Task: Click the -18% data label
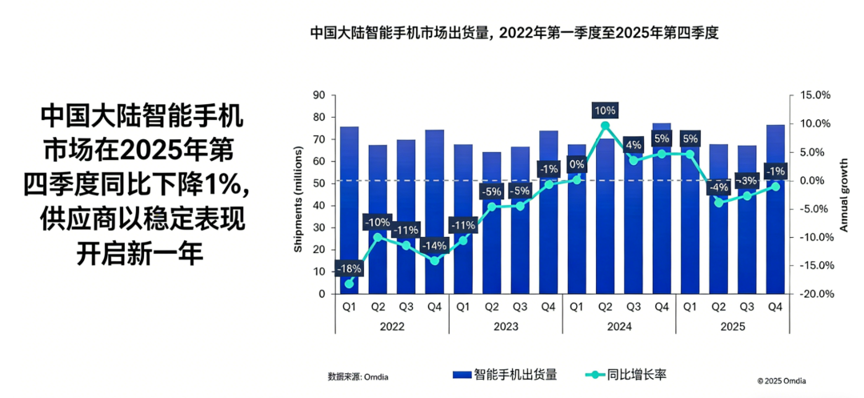point(349,269)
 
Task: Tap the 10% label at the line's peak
point(605,110)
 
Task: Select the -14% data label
point(435,245)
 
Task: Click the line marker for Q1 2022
point(349,283)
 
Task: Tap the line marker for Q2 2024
point(605,125)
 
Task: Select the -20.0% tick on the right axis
point(815,294)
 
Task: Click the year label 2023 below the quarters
point(506,327)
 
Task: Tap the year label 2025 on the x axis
point(732,327)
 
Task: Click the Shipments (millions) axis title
point(298,200)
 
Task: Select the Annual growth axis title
point(843,195)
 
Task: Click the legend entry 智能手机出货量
point(505,374)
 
